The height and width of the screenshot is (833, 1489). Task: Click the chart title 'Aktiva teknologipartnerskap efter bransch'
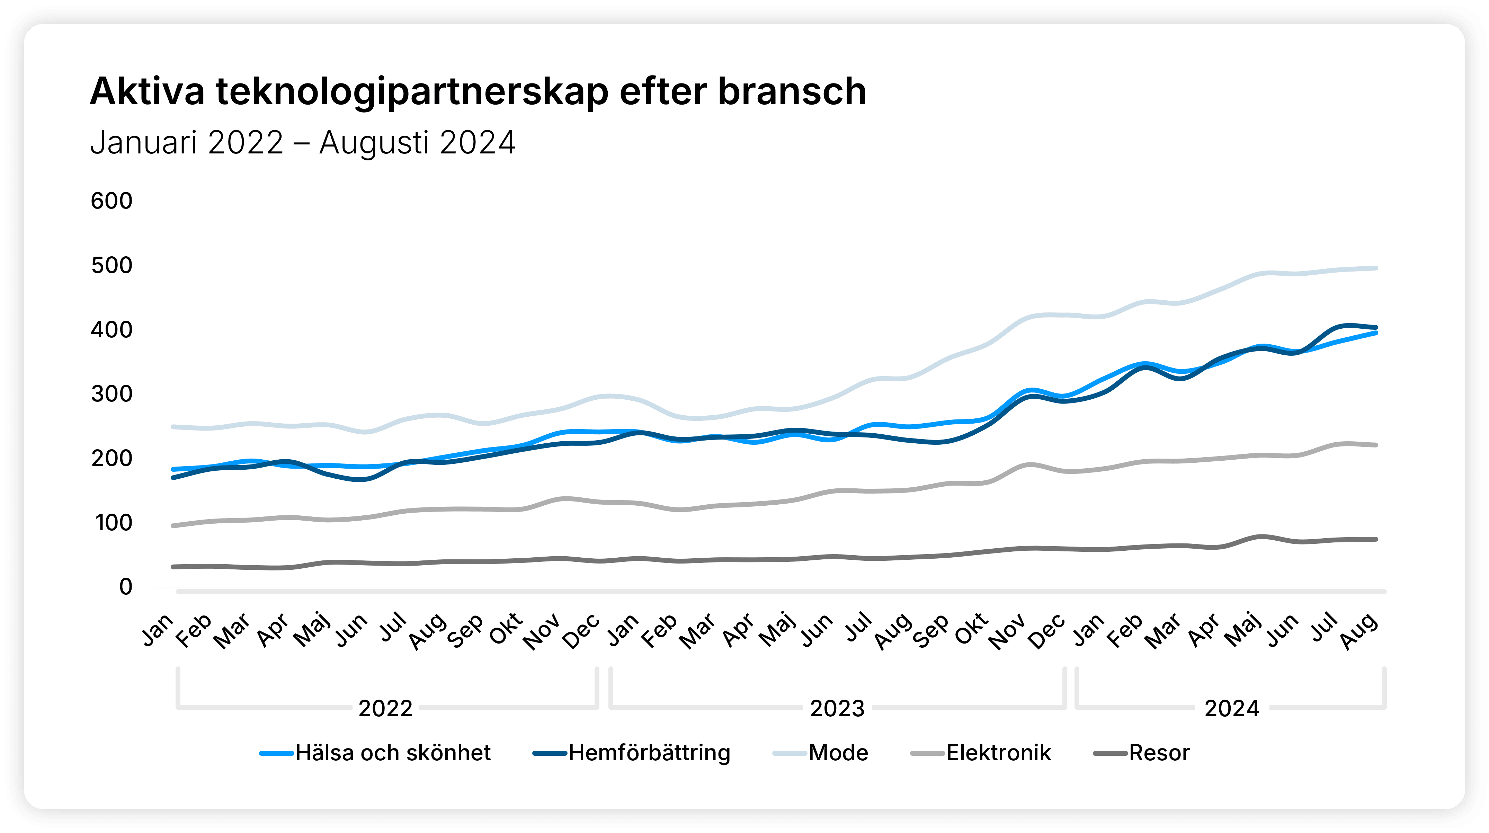(478, 92)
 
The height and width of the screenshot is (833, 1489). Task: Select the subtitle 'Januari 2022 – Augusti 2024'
(302, 143)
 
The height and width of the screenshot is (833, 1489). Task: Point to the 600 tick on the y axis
(112, 201)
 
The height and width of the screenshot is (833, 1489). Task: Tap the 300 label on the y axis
(112, 394)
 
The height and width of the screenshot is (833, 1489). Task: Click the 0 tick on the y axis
(125, 587)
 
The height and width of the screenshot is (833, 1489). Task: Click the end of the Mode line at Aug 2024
(1376, 268)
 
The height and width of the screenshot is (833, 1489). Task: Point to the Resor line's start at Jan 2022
(173, 567)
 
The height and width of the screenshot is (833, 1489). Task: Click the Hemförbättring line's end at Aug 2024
(1376, 327)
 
